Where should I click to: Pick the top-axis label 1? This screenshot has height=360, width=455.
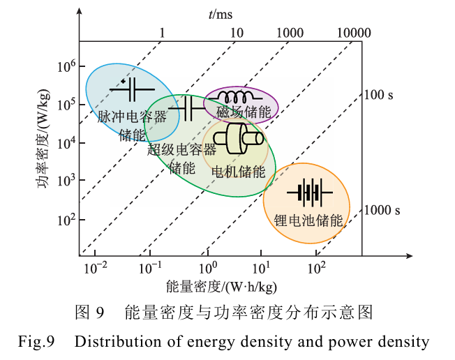click(x=163, y=33)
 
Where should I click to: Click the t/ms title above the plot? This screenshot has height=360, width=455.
click(x=221, y=13)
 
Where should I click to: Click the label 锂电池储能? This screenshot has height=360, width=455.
click(x=309, y=221)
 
